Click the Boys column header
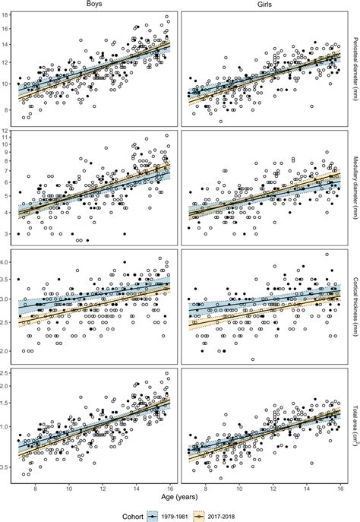(x=96, y=5)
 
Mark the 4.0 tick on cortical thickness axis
(x=5, y=263)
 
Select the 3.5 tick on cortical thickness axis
(x=5, y=281)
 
